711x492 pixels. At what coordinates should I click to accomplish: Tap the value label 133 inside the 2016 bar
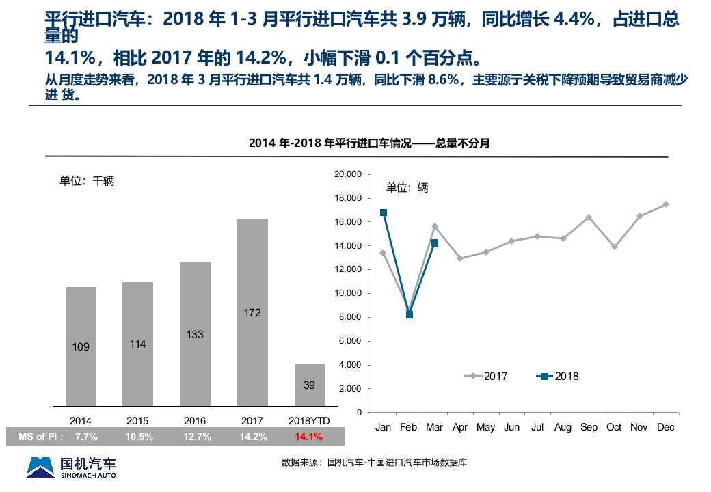tap(195, 335)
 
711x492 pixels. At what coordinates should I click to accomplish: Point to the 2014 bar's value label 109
tap(81, 347)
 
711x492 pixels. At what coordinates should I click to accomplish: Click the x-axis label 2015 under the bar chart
tap(137, 421)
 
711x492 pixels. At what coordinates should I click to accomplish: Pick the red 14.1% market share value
tap(309, 436)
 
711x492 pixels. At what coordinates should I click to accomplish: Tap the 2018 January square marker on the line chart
tap(384, 213)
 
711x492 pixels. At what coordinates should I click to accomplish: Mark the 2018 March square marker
tap(435, 243)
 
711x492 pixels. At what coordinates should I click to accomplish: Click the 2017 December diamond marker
tap(665, 204)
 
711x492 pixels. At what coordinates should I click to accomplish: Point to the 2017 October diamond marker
tap(614, 247)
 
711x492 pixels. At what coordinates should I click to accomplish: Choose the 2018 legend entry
tap(558, 376)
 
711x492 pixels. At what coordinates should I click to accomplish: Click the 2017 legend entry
tap(486, 376)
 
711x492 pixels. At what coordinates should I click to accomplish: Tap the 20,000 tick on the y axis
tap(348, 174)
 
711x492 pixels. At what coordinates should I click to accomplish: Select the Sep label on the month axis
tap(589, 427)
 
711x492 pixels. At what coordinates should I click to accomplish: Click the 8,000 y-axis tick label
tap(350, 317)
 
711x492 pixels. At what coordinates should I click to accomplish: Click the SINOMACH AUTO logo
tap(71, 467)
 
